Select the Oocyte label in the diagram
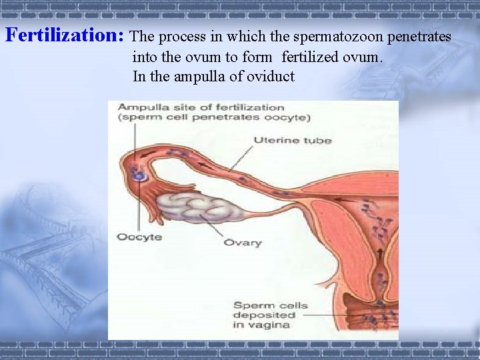click(139, 237)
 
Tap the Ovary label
click(243, 243)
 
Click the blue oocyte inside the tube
click(139, 176)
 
